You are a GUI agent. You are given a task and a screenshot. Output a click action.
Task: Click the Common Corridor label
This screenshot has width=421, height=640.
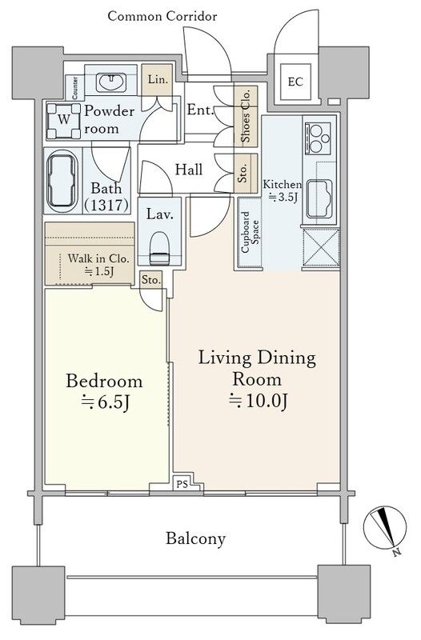tap(162, 16)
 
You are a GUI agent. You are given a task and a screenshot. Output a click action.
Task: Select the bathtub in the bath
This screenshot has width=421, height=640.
tap(62, 181)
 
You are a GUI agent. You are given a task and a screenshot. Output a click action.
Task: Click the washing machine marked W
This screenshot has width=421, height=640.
tap(63, 122)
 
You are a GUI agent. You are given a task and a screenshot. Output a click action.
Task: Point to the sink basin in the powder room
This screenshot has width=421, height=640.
tap(111, 82)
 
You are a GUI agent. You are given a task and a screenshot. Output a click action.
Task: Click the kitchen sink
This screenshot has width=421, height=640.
tap(319, 198)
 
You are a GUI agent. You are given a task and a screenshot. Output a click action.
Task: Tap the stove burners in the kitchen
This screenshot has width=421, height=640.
tap(319, 138)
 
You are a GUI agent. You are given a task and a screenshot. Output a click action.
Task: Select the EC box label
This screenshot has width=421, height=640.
tap(295, 82)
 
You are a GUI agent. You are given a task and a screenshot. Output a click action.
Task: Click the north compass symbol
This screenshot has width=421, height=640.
tap(385, 527)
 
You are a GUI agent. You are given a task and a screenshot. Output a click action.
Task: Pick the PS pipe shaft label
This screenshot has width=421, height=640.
tap(182, 485)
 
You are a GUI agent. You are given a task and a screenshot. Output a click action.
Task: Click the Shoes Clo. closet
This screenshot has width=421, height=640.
tap(246, 116)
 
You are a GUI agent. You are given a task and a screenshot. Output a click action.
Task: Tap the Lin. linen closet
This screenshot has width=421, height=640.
tap(158, 79)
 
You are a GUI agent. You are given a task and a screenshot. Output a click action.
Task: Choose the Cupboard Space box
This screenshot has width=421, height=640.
tap(250, 232)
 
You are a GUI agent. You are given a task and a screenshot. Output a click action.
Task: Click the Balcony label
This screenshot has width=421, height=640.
tap(195, 538)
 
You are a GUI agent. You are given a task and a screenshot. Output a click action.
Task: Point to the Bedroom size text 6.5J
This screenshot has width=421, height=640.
tap(106, 402)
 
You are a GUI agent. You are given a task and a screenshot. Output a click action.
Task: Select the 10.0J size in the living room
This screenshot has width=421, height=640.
tap(258, 401)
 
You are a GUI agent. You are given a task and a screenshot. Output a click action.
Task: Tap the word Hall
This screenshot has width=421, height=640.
tap(189, 170)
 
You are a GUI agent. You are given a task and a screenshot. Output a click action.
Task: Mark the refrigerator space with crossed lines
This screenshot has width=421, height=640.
tap(322, 248)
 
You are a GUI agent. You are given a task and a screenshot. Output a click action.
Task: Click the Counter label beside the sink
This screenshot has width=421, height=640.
tap(75, 88)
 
